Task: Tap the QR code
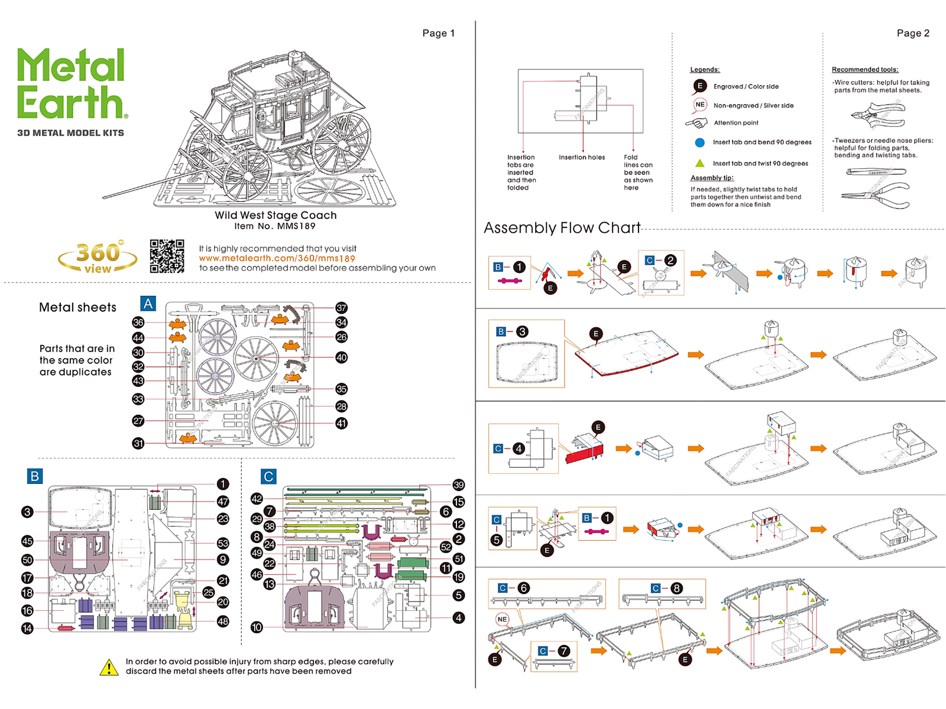[x=167, y=256]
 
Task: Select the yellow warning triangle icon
[x=109, y=668]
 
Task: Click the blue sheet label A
[x=148, y=304]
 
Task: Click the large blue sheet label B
[x=35, y=476]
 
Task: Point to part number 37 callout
[x=341, y=308]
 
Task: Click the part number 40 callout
[x=341, y=357]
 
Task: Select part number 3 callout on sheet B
[x=27, y=512]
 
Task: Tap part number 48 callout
[x=223, y=622]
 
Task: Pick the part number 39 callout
[x=458, y=485]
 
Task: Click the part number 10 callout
[x=257, y=627]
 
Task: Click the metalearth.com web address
[x=277, y=258]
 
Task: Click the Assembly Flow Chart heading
[x=562, y=228]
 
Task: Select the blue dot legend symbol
[x=700, y=142]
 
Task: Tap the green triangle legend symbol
[x=700, y=163]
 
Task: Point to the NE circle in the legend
[x=700, y=105]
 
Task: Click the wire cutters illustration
[x=877, y=115]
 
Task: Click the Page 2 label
[x=913, y=33]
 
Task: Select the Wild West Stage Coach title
[x=276, y=216]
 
